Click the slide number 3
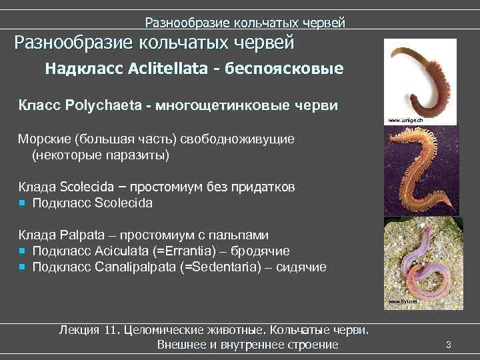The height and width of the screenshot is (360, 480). [x=449, y=344]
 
